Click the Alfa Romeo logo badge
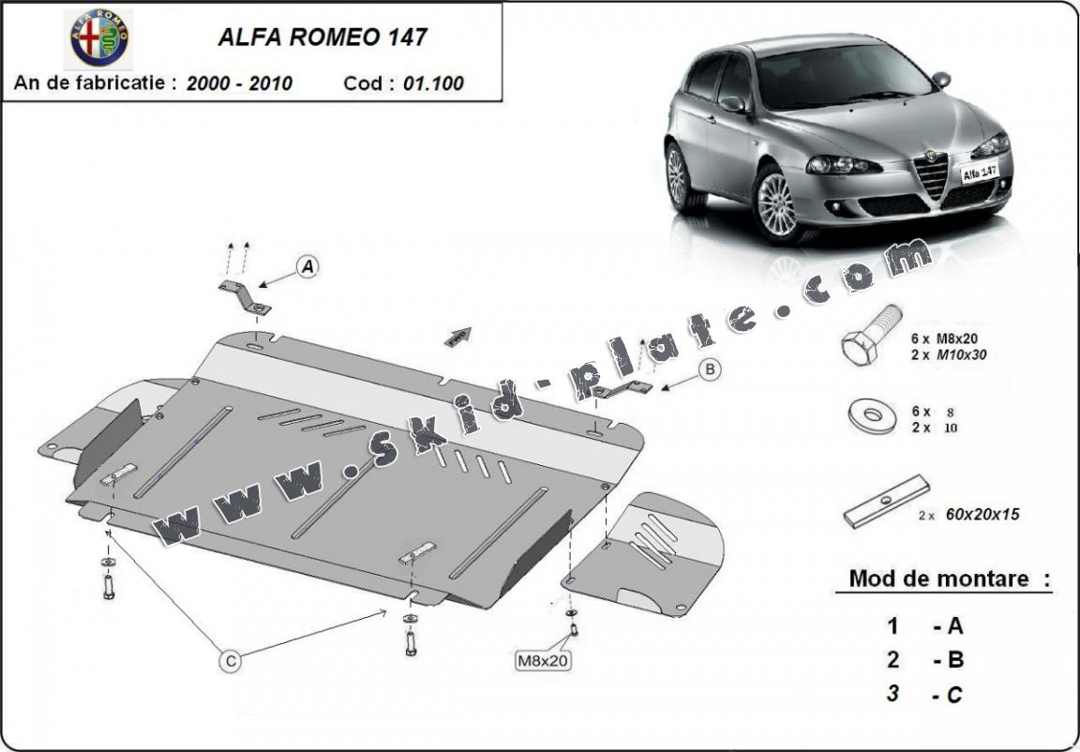coord(101,38)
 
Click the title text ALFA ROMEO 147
coord(322,38)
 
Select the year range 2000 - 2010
coord(239,83)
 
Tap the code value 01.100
coord(433,83)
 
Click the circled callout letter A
coord(307,267)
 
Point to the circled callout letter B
coord(711,370)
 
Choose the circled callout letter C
coord(230,661)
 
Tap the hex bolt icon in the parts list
coord(871,336)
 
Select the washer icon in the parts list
coord(871,414)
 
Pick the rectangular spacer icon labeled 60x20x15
coord(886,502)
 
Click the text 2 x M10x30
coord(948,355)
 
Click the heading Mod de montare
coord(938,579)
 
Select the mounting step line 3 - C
coord(925,694)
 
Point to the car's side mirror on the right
coord(940,80)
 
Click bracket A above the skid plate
coord(246,296)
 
